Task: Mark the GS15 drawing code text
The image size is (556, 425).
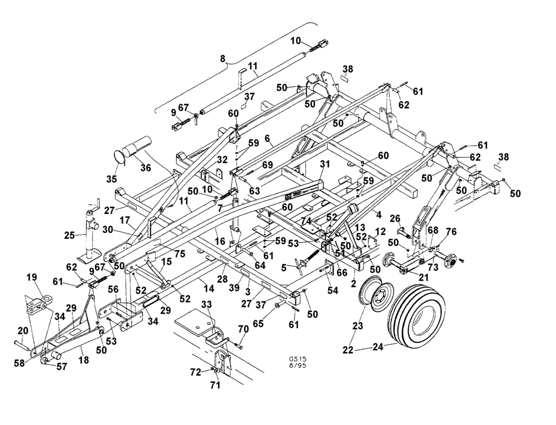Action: coord(297,358)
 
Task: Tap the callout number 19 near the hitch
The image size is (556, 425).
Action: coord(32,276)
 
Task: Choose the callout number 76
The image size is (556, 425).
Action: coord(451,232)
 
